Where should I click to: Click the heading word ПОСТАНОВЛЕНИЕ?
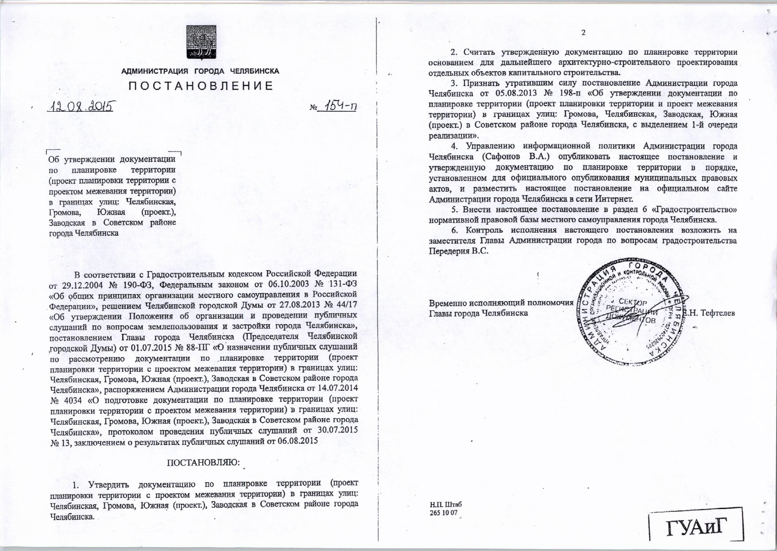(x=201, y=86)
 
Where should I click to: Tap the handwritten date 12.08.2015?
(x=82, y=106)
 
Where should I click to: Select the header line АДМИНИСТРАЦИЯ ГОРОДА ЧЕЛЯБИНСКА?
(x=200, y=71)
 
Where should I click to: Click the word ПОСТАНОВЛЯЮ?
(x=203, y=463)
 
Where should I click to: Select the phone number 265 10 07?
(x=443, y=513)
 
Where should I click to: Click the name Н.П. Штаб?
(x=445, y=505)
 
